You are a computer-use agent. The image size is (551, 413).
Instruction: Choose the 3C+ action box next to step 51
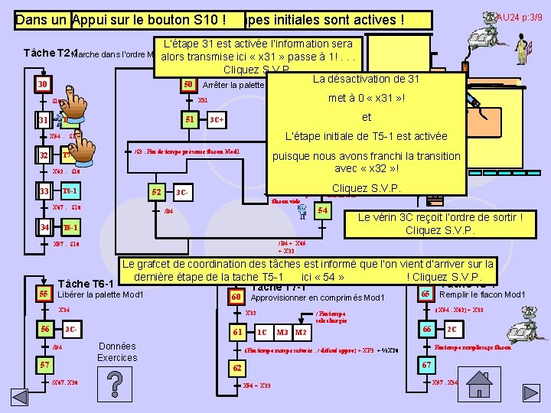(x=217, y=120)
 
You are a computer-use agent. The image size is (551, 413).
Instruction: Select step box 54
(x=323, y=210)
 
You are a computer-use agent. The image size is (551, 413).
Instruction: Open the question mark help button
(x=114, y=385)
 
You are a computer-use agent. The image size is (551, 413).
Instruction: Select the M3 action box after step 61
(x=282, y=333)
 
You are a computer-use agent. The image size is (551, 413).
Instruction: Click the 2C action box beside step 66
(x=452, y=329)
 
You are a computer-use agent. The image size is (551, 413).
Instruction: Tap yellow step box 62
(x=238, y=368)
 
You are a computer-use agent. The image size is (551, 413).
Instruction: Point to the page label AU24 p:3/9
(x=519, y=16)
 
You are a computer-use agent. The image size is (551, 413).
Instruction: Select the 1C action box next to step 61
(x=262, y=333)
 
